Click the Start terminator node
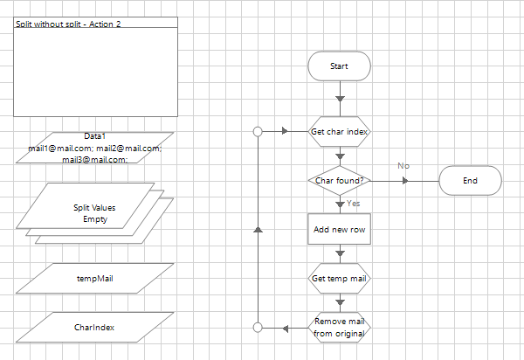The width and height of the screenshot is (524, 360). click(x=339, y=66)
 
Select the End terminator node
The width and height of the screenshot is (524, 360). click(x=470, y=181)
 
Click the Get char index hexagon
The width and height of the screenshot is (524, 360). click(x=340, y=132)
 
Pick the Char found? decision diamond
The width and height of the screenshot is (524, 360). click(x=340, y=181)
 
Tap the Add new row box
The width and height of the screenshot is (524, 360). click(x=340, y=229)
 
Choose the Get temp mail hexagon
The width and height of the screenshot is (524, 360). click(x=340, y=279)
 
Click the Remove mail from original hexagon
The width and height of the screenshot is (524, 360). click(x=340, y=328)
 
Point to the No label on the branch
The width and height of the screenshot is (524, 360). click(x=403, y=165)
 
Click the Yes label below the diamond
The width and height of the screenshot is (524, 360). click(x=354, y=203)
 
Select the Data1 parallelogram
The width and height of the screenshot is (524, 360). click(x=94, y=148)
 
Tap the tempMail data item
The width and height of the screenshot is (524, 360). click(x=94, y=279)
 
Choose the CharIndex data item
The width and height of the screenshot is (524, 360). click(x=94, y=328)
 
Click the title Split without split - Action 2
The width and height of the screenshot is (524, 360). click(x=68, y=24)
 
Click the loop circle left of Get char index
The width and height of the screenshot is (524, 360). click(x=258, y=132)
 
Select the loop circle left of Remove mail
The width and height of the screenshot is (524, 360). click(x=258, y=328)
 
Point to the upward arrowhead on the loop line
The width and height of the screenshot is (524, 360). click(x=258, y=229)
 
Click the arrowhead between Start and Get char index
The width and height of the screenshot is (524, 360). click(x=340, y=99)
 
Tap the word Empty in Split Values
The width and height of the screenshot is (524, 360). click(x=94, y=219)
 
